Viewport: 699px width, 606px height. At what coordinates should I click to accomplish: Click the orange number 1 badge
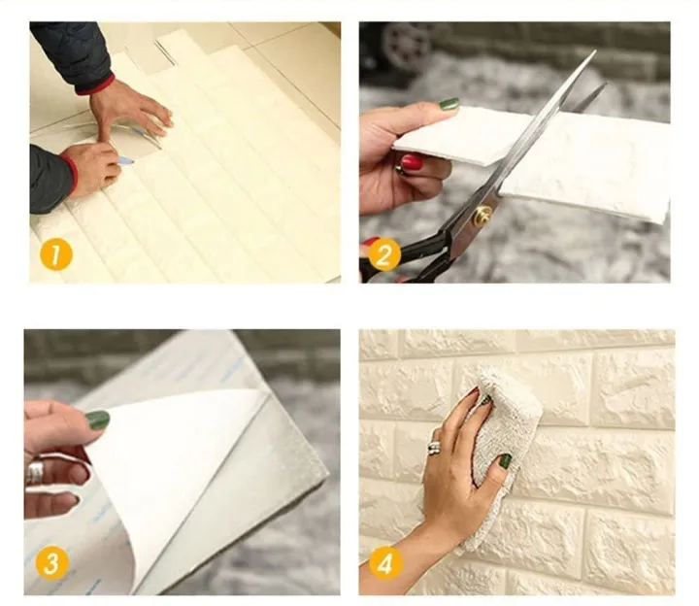pos(55,255)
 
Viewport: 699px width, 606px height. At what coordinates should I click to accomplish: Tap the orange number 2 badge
pos(384,255)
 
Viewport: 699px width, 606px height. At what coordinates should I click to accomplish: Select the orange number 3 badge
pos(51,563)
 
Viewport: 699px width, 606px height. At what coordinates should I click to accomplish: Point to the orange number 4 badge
pos(385,564)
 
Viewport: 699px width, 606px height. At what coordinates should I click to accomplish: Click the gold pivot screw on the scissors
pos(483,214)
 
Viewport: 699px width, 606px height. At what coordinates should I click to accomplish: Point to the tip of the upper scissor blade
pos(595,50)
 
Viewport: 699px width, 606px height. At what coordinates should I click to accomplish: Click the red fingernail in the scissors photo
pos(413,161)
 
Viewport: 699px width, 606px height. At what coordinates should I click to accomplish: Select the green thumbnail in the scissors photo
pos(449,104)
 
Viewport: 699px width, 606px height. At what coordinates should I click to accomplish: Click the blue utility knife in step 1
pos(126,160)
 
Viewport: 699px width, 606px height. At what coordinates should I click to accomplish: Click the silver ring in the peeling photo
pos(35,473)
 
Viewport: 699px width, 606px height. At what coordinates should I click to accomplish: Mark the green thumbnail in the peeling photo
pos(97,419)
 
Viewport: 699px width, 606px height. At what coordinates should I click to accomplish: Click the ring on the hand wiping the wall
pos(435,448)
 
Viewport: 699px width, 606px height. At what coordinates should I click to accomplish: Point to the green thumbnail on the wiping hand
pos(505,461)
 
